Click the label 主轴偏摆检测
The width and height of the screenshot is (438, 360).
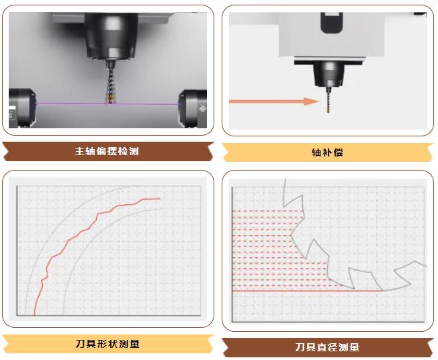(107, 151)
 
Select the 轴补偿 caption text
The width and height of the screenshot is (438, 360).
(327, 152)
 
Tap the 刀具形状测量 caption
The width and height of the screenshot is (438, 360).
(107, 343)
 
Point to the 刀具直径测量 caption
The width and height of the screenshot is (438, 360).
(327, 347)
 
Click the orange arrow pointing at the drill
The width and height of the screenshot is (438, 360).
(274, 101)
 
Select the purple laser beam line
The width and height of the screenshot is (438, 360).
(107, 103)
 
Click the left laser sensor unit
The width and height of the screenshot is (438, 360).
(22, 108)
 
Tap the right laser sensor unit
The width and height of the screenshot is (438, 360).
(193, 109)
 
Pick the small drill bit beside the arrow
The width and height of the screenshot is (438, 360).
(328, 100)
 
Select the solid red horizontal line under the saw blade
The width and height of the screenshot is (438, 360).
(307, 291)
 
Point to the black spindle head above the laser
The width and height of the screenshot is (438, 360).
(111, 36)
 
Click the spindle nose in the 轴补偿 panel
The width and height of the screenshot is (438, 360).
(329, 73)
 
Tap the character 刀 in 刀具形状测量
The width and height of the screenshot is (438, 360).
(80, 343)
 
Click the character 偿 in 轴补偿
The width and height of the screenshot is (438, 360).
(338, 152)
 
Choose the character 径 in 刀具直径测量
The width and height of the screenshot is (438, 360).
(333, 347)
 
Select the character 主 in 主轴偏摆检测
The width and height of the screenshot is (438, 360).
(80, 151)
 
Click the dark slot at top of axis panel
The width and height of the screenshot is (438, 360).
(332, 23)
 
